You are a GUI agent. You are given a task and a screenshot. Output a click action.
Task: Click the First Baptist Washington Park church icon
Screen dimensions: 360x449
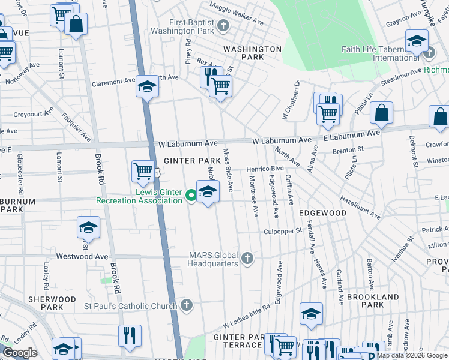(x=224, y=25)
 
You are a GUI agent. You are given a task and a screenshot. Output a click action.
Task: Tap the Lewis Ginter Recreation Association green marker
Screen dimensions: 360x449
(x=191, y=194)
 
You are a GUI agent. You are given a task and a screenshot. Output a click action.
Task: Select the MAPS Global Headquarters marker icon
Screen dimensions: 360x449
(x=247, y=259)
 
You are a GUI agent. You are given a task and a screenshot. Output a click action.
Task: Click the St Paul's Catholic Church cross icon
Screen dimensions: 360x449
(x=187, y=305)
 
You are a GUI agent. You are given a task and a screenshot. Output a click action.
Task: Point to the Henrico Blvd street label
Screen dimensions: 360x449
(x=265, y=169)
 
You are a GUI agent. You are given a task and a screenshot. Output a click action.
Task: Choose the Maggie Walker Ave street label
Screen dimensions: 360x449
(x=236, y=14)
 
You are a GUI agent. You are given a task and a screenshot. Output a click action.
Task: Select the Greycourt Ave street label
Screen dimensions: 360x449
(x=34, y=113)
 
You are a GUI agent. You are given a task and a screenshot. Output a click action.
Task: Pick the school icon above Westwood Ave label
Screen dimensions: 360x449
(x=88, y=229)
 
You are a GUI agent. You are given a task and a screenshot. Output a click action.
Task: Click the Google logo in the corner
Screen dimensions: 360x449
(x=20, y=353)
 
